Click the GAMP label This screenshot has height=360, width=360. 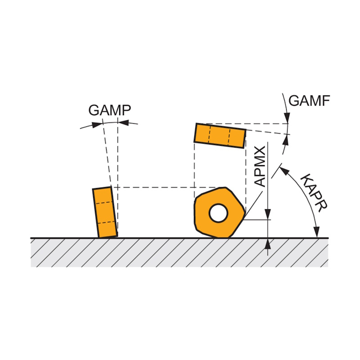tap(109, 110)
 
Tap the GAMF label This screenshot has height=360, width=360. tap(309, 100)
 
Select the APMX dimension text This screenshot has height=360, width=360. tap(261, 166)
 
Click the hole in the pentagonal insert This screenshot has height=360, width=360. tap(218, 213)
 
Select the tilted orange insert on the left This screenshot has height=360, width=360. tap(105, 212)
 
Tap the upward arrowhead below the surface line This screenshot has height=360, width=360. tap(269, 243)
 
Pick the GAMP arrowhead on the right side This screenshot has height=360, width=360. tap(122, 121)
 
